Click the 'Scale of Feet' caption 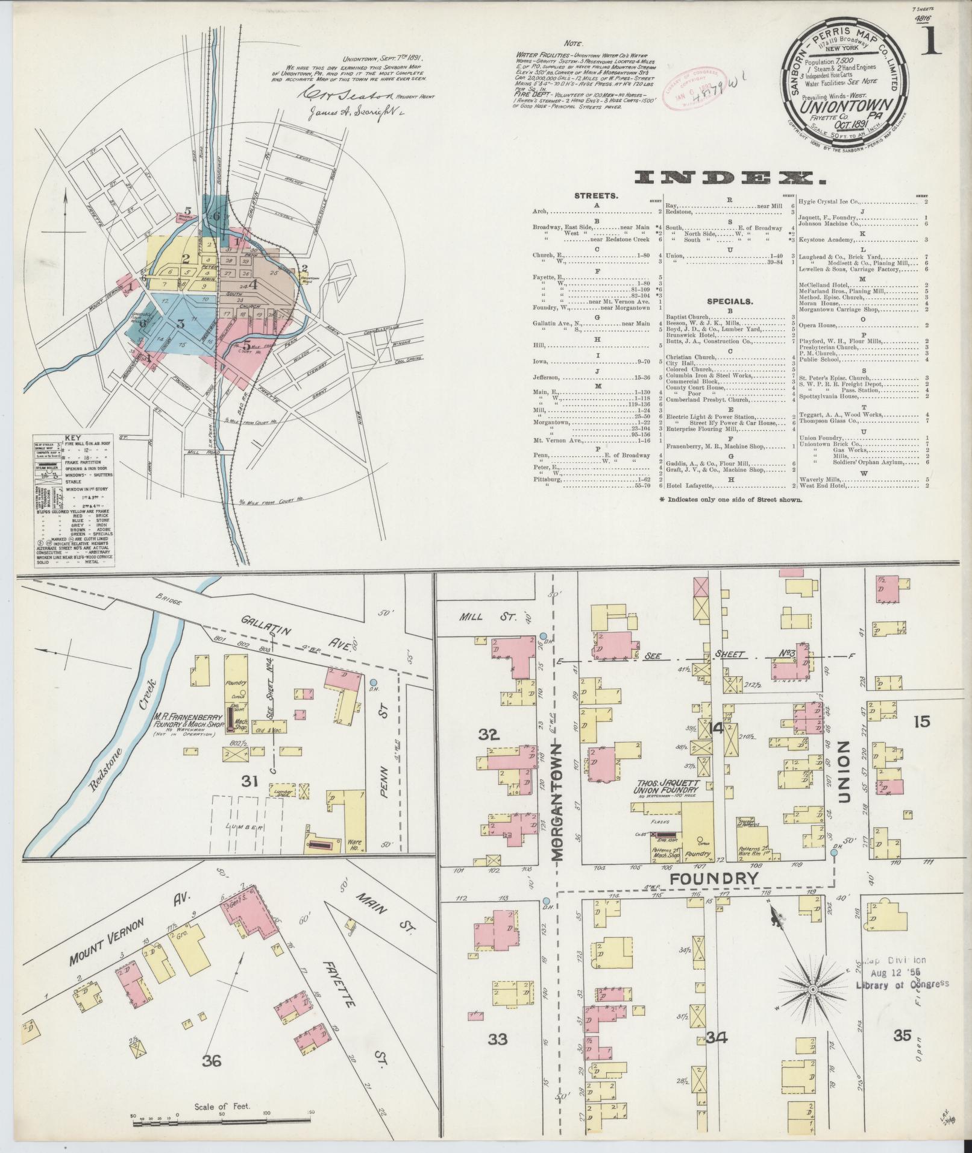coord(222,1107)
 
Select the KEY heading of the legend coord(72,439)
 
